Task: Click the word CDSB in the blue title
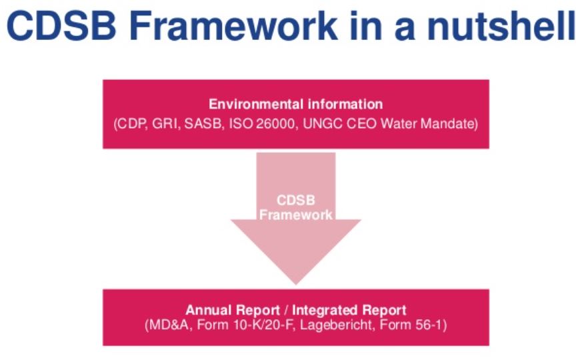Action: (62, 25)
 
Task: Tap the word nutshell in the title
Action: (501, 25)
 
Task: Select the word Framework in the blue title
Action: (233, 25)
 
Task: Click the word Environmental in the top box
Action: (256, 104)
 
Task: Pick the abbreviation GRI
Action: (166, 124)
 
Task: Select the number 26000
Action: (277, 124)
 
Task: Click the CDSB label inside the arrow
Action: (296, 200)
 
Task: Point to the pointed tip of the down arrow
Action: (296, 284)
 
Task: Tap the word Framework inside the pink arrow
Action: (296, 215)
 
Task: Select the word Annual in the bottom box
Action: (209, 310)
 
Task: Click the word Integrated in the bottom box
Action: (319, 310)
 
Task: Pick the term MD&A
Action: (169, 325)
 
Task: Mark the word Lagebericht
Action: (337, 325)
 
